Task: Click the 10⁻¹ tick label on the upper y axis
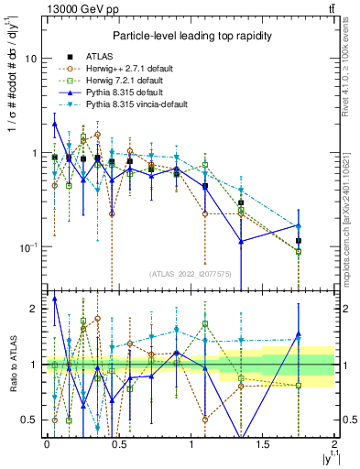point(27,246)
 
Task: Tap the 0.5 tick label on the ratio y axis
point(29,420)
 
